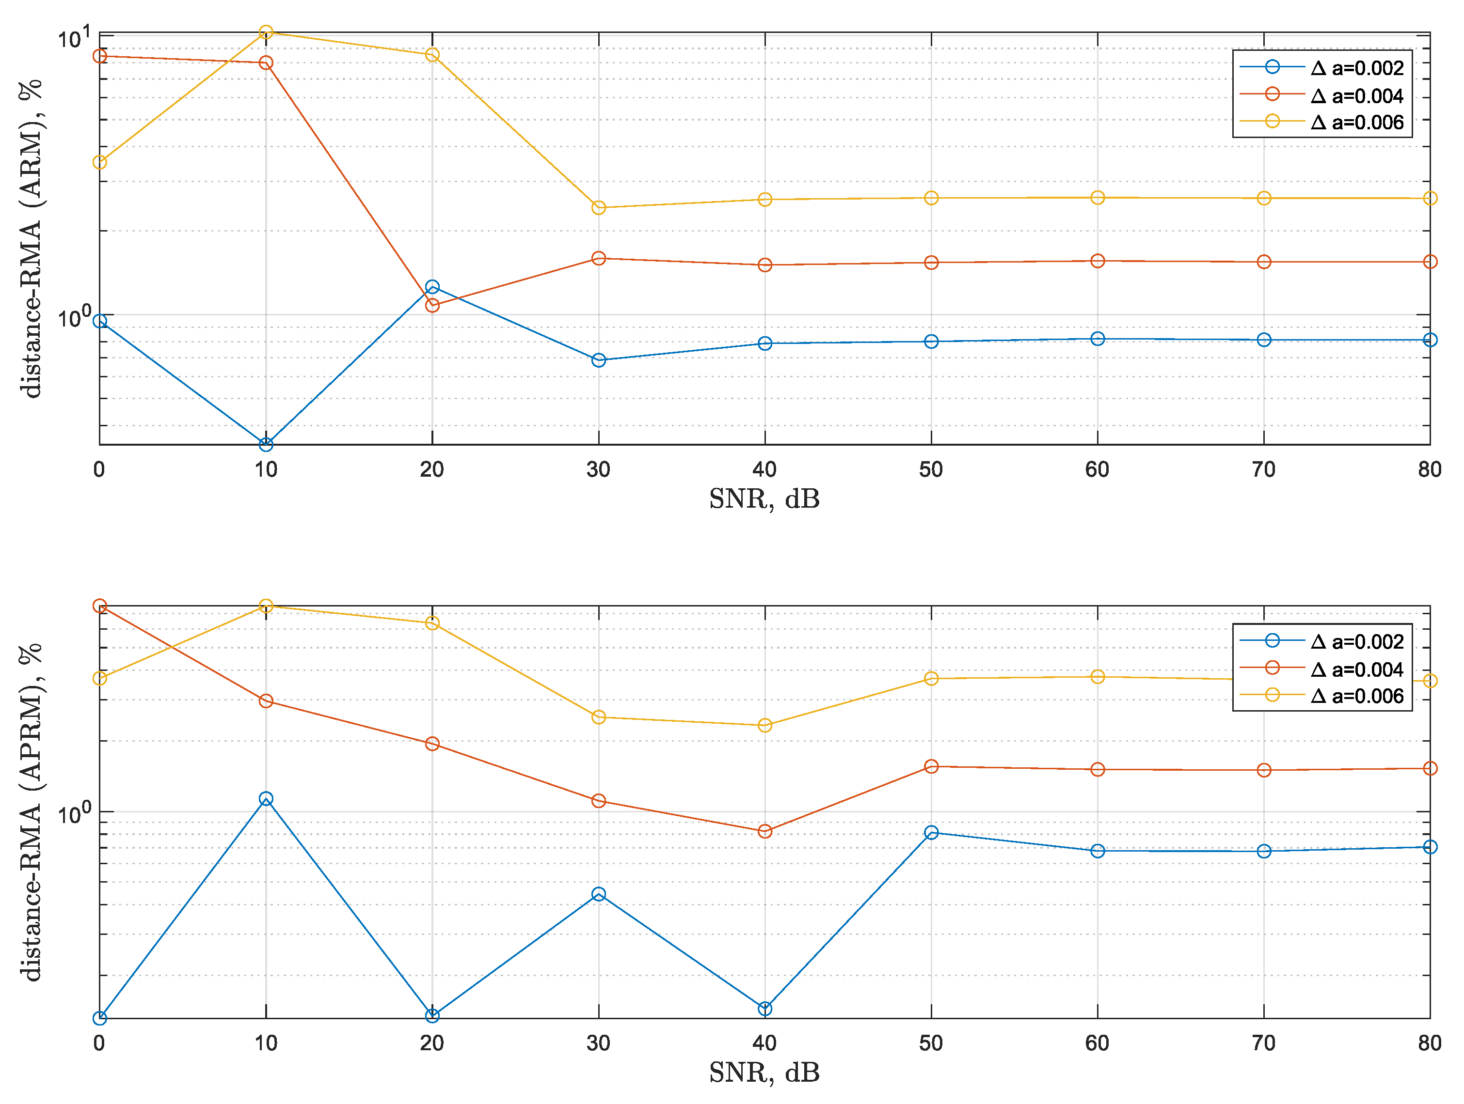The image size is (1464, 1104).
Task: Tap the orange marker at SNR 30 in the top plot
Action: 598,259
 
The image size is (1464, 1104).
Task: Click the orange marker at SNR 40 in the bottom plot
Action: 764,831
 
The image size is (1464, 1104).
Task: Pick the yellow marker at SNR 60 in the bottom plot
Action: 1098,677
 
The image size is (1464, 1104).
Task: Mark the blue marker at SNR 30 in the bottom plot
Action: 598,894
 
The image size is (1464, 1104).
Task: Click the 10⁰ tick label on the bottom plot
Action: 73,814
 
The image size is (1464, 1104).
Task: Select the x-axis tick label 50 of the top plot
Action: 931,469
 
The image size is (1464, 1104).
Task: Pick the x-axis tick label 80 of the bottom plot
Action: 1430,1043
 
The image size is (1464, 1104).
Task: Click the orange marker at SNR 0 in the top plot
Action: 100,56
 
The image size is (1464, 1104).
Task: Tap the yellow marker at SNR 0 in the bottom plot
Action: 100,679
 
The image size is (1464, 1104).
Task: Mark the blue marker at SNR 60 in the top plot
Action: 1098,339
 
